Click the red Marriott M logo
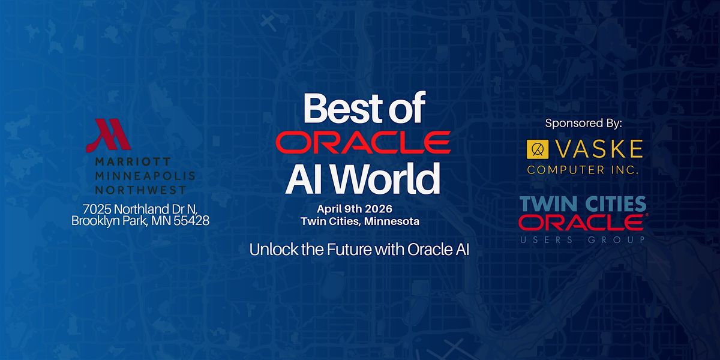pos(109,136)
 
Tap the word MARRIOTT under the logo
pos(133,161)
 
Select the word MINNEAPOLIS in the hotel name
pos(145,176)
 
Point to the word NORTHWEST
pos(141,190)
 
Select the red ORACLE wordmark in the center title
pos(363,142)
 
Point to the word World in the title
pos(386,178)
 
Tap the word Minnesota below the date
pos(392,221)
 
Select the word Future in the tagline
pos(350,250)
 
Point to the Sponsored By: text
pos(583,123)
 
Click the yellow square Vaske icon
pos(538,149)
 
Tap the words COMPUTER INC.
pos(583,170)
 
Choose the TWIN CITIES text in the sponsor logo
pos(583,204)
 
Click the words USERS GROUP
pos(583,240)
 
